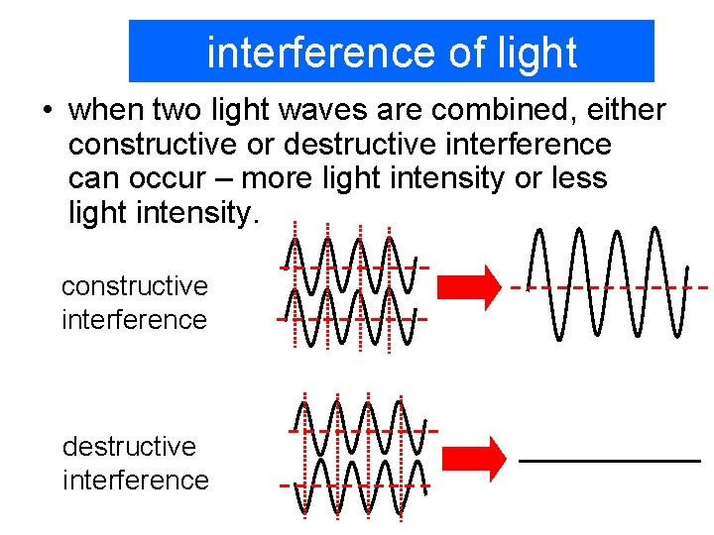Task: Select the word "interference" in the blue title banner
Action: coord(321,53)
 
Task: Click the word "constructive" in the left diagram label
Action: coord(134,287)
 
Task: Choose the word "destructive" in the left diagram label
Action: coord(129,447)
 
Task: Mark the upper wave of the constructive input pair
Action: coord(353,266)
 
